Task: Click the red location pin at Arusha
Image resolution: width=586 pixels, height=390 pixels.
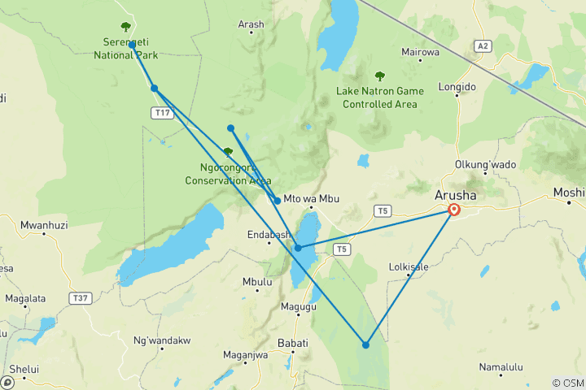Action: click(x=454, y=210)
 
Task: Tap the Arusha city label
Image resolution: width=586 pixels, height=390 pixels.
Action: click(x=457, y=196)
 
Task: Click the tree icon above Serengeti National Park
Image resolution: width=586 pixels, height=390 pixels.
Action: click(x=125, y=27)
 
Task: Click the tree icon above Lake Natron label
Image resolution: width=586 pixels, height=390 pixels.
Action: click(x=379, y=76)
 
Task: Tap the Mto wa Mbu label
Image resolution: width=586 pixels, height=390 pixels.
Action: click(x=311, y=199)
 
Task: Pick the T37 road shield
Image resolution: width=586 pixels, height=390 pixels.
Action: click(x=80, y=299)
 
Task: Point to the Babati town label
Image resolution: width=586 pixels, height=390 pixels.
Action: click(x=293, y=344)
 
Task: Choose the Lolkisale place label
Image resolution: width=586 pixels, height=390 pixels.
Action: click(x=409, y=266)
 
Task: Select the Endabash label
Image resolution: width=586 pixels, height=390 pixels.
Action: click(x=269, y=236)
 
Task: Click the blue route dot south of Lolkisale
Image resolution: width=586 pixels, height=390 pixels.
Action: click(x=366, y=345)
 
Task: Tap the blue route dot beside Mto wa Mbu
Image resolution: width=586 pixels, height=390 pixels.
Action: click(x=278, y=201)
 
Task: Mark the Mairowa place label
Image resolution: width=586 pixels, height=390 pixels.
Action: click(x=420, y=52)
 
